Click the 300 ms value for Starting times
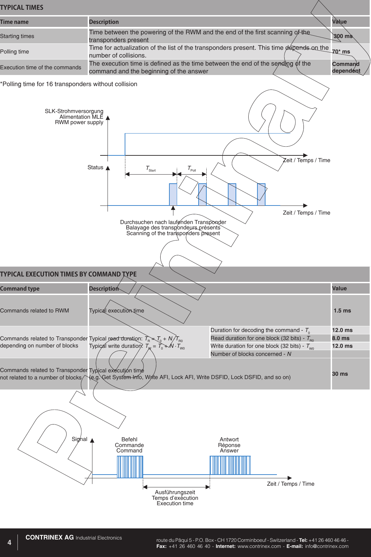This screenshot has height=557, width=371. pos(343,36)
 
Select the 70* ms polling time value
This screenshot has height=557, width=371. pos(341,52)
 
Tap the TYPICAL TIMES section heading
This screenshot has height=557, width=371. pos(22,7)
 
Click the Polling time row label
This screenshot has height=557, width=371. pos(14,52)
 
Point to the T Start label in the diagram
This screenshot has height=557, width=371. pos(150,169)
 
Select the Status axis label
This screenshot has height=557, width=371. pos(95,168)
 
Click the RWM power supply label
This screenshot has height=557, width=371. pos(79,122)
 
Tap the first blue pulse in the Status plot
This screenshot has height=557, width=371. pos(173,194)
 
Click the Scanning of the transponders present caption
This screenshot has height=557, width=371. pos(173,233)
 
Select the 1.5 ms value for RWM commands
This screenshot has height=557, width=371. pos(342,311)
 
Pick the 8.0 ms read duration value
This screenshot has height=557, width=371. pos(341,338)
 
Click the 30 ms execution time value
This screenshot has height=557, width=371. pos(340,374)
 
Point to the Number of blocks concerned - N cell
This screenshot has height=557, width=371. pos(251,354)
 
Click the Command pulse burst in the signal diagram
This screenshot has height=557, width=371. pos(130,467)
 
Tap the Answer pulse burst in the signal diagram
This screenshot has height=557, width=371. pos(230,465)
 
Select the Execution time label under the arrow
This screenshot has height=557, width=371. pos(175,504)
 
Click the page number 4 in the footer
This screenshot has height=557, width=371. pos(9,542)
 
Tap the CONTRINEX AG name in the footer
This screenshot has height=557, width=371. pos(50,537)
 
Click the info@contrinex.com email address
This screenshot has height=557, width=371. pos(327,546)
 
